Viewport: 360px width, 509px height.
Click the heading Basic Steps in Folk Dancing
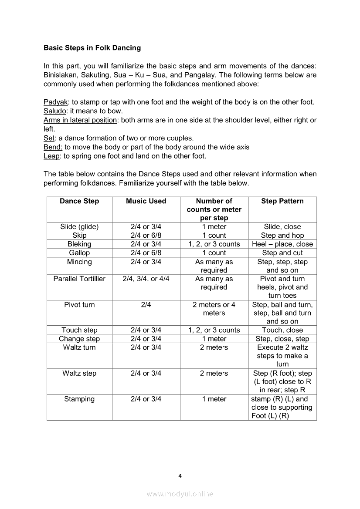click(92, 47)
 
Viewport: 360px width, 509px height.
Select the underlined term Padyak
click(55, 102)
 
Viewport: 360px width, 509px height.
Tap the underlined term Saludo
click(54, 111)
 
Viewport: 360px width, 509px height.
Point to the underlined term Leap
click(51, 156)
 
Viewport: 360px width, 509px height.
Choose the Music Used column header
click(146, 201)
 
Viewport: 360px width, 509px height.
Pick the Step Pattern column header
click(282, 201)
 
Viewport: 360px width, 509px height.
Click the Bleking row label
click(79, 244)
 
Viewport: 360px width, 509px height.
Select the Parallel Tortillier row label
click(79, 279)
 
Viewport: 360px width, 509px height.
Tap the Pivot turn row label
click(79, 305)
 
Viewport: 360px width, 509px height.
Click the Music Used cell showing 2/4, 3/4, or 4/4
click(146, 279)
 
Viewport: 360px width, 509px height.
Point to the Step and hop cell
click(282, 236)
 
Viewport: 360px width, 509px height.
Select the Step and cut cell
click(282, 253)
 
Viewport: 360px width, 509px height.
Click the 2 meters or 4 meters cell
click(214, 309)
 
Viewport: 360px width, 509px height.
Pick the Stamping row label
click(79, 399)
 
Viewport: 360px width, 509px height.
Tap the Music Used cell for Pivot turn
click(146, 305)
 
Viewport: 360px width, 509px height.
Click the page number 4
click(180, 475)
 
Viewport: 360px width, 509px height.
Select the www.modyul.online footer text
click(180, 494)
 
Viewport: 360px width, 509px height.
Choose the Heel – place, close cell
click(282, 244)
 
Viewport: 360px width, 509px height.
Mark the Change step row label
click(79, 339)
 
